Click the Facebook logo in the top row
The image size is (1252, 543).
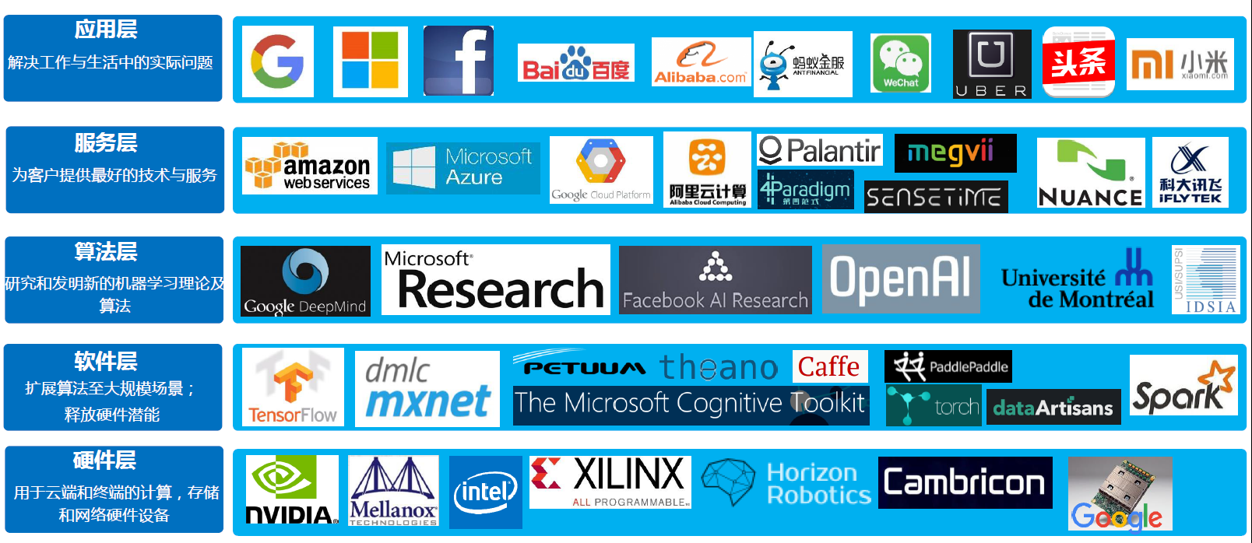459,61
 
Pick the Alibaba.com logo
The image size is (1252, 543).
701,62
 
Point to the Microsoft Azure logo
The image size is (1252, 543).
463,167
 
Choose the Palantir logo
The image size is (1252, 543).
819,150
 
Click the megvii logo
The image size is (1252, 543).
955,152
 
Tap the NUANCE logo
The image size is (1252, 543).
1091,173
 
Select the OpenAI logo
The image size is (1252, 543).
901,279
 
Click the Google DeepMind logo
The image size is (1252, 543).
305,281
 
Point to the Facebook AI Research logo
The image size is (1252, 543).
715,280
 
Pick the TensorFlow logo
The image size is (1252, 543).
293,387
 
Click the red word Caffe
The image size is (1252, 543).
829,366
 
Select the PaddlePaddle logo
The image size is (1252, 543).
948,366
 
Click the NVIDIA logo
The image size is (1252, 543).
292,490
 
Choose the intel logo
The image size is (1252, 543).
486,492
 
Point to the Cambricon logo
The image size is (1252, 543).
965,483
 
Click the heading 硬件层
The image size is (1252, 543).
105,461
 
